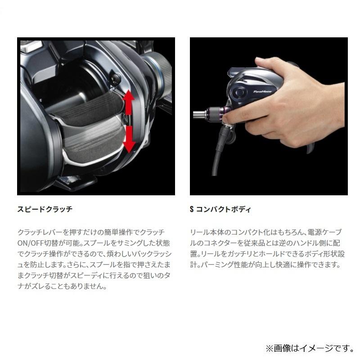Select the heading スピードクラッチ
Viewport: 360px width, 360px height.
[x=45, y=209]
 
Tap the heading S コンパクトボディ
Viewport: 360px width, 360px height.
[x=220, y=209]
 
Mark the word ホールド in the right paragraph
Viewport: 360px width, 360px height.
[x=274, y=253]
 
